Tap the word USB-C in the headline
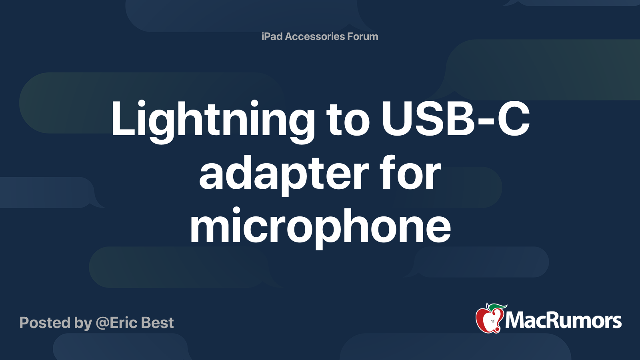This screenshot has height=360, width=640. [x=456, y=118]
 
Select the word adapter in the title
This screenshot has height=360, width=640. [x=284, y=174]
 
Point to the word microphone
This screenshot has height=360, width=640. [x=320, y=226]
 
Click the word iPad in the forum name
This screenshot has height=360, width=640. [x=272, y=36]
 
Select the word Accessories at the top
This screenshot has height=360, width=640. [x=315, y=36]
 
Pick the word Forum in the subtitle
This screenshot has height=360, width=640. [x=363, y=36]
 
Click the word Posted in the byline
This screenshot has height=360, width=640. [x=45, y=323]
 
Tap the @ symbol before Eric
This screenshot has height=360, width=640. [x=102, y=323]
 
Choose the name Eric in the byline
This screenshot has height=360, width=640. [x=124, y=323]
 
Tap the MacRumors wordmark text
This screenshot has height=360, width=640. [x=563, y=321]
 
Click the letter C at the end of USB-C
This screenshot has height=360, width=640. [x=514, y=118]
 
